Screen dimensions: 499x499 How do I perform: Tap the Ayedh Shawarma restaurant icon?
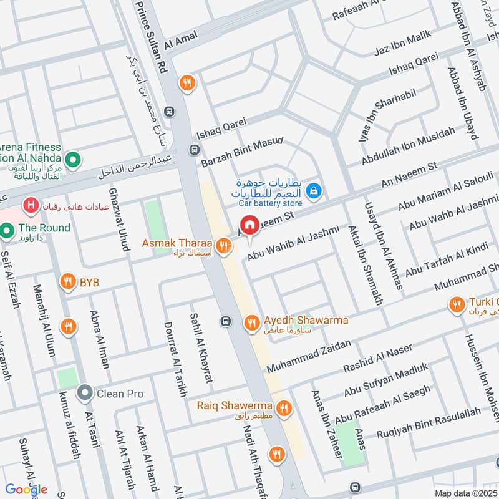pyautogui.click(x=251, y=322)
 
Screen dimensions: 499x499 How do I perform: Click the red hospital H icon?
pyautogui.click(x=29, y=204)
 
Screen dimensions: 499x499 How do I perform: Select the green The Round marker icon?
pyautogui.click(x=8, y=231)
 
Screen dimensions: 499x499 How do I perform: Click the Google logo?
pyautogui.click(x=27, y=490)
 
